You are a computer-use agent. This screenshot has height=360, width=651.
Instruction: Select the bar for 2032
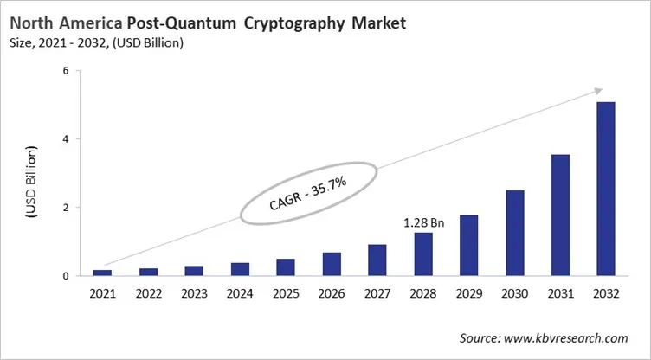click(606, 190)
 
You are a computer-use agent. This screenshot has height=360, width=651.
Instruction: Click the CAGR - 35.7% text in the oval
click(309, 196)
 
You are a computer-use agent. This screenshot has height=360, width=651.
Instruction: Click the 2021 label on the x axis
click(103, 294)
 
